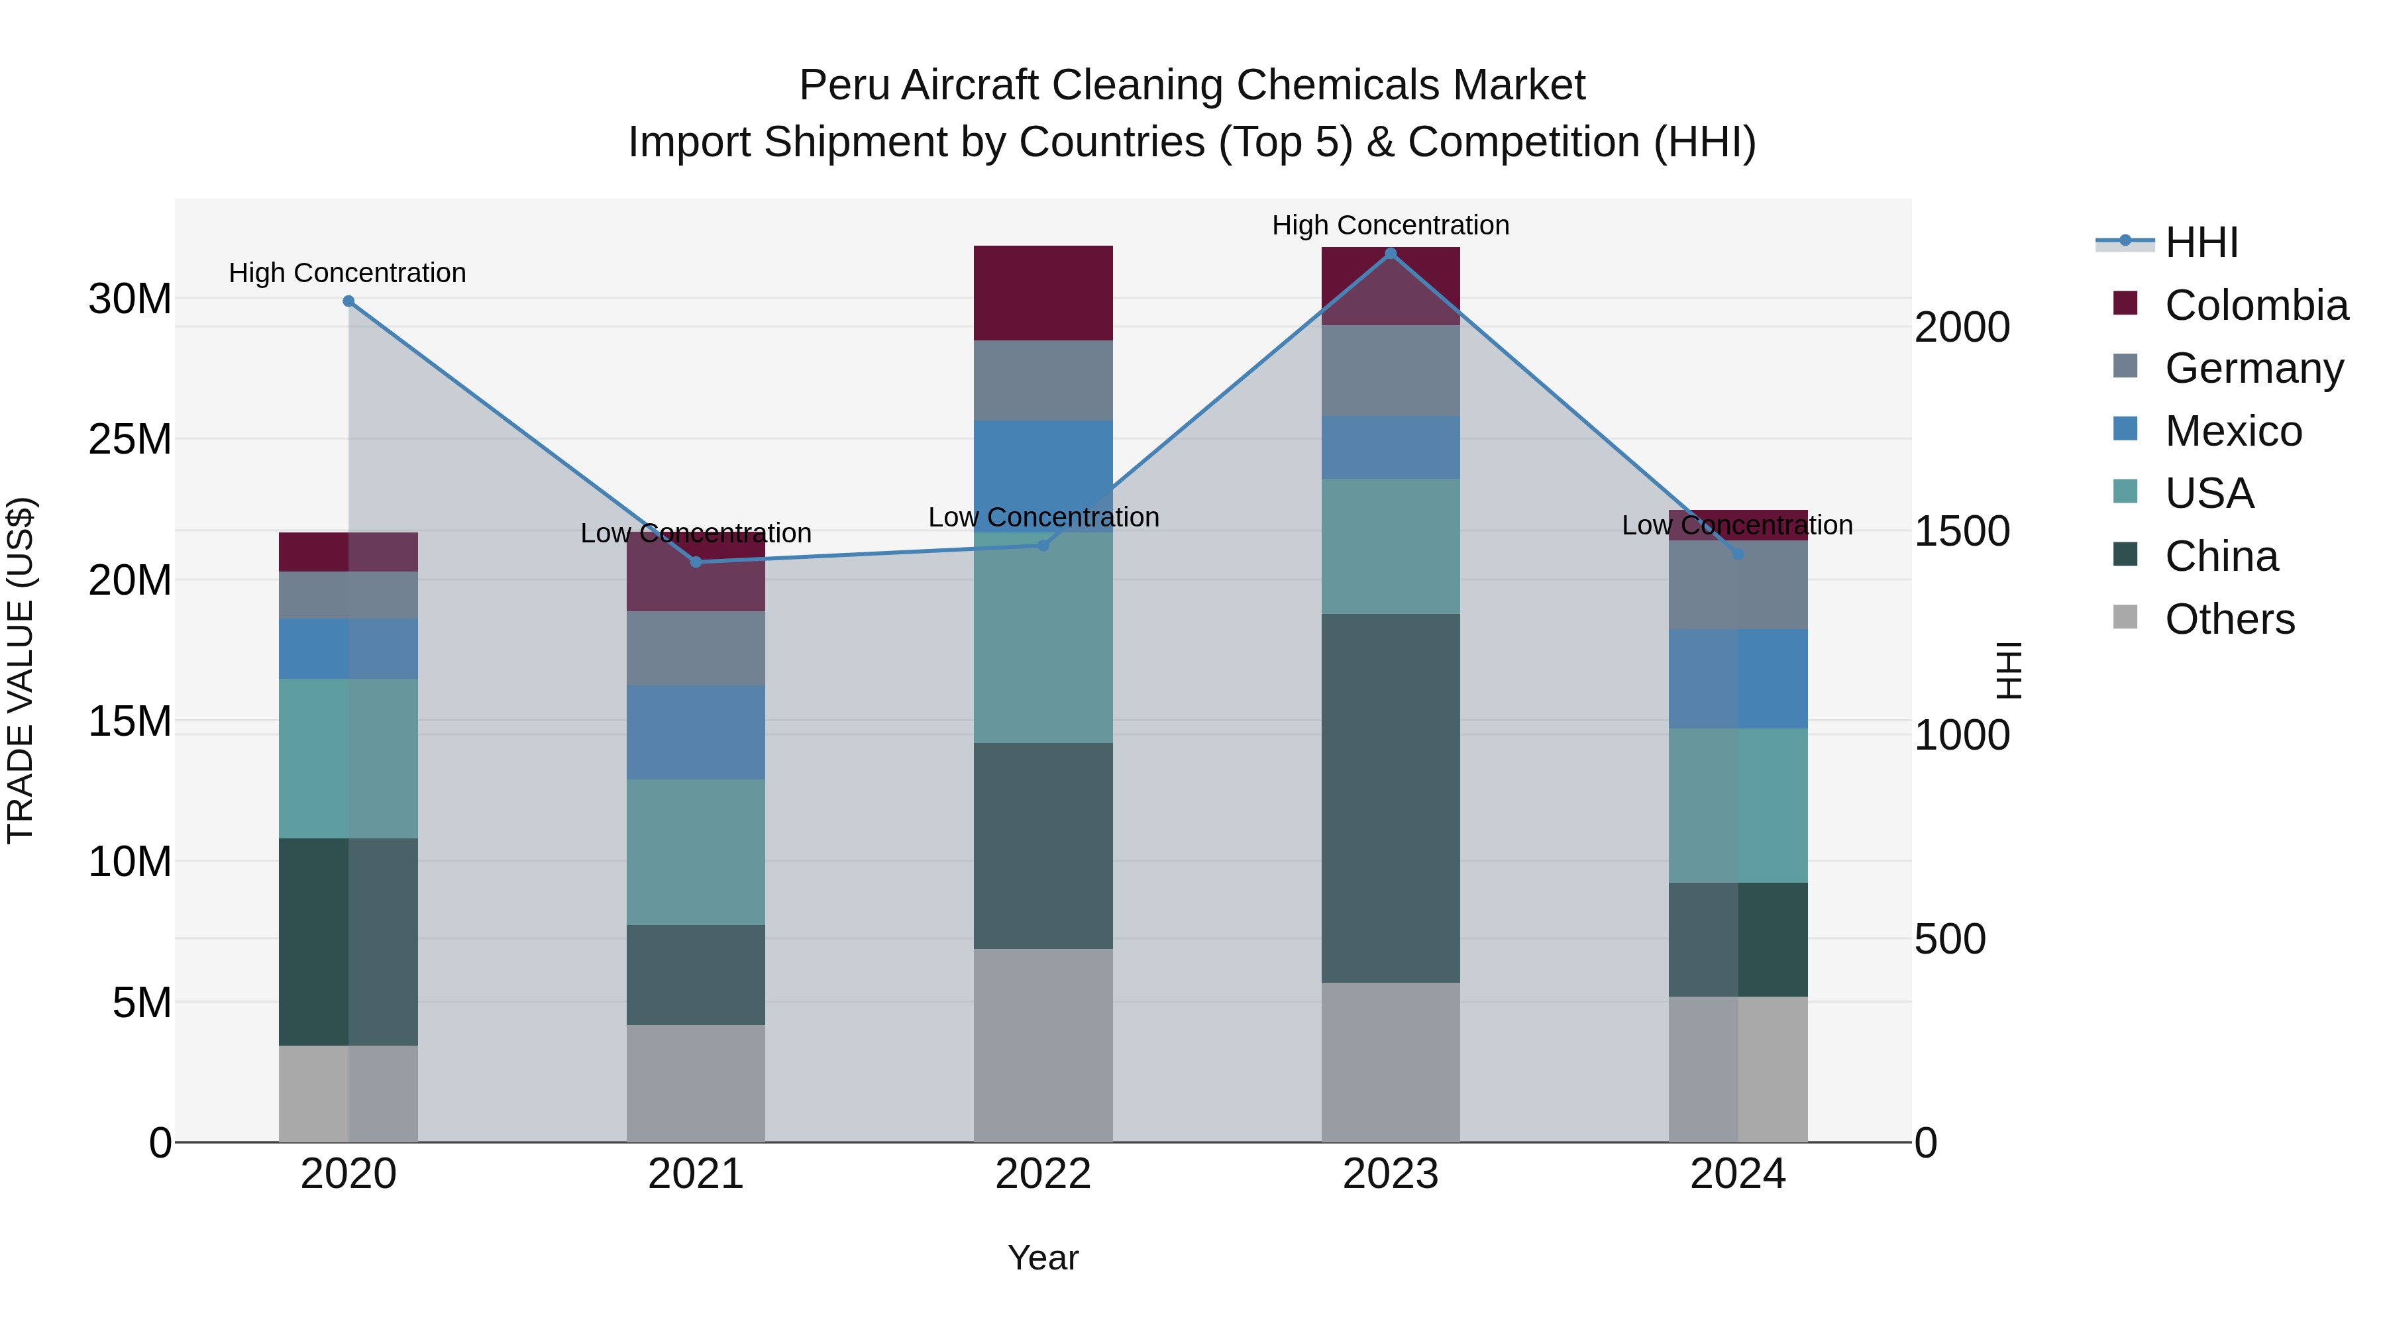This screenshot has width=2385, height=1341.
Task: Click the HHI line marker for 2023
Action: (x=1390, y=254)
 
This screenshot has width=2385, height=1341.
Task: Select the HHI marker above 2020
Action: (x=348, y=301)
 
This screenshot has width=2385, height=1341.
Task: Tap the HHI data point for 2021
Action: (x=696, y=562)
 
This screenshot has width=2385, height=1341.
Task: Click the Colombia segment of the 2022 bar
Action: (x=1043, y=293)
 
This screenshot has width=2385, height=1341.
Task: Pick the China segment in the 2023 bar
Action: (x=1390, y=798)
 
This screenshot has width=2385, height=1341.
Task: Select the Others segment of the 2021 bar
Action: (x=696, y=1083)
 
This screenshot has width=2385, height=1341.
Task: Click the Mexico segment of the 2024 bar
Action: (x=1737, y=678)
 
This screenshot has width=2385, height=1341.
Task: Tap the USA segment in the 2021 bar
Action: (x=696, y=852)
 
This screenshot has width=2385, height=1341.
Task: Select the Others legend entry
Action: (x=2229, y=619)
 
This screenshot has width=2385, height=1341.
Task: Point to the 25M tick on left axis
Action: (x=130, y=440)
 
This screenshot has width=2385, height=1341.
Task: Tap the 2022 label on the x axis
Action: (x=1043, y=1174)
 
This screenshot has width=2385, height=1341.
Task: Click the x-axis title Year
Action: (x=1043, y=1258)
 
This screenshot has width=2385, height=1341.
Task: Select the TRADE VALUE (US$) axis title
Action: (x=21, y=670)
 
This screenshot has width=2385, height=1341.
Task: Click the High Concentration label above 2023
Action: (x=1390, y=225)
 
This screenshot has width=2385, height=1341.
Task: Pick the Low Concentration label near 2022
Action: (x=1043, y=517)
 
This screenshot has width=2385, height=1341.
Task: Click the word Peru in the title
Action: (x=845, y=85)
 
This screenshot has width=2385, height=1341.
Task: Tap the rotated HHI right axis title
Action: (x=2007, y=670)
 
